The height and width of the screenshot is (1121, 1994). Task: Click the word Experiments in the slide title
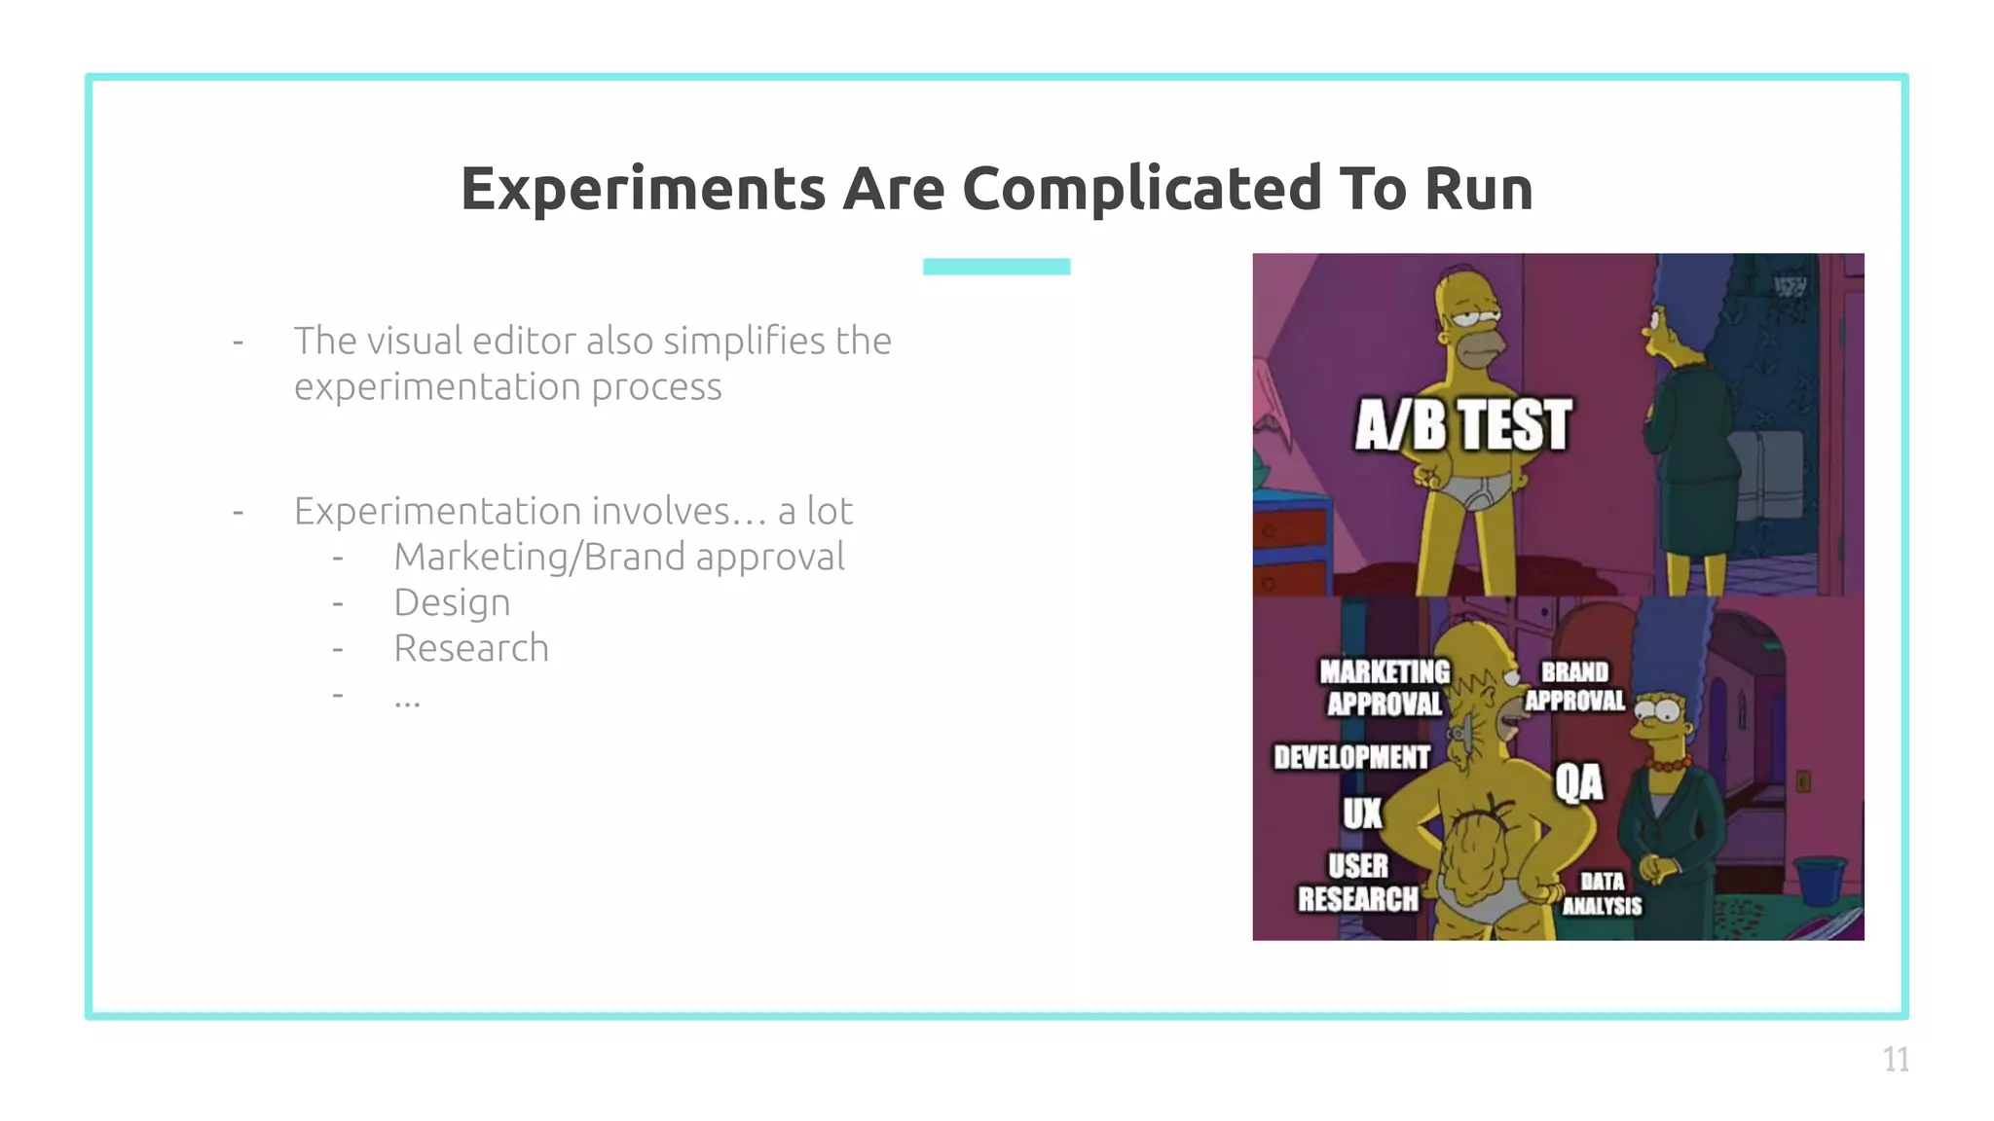644,189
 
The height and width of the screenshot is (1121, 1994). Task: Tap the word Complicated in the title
1142,189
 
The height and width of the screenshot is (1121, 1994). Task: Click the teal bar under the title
996,267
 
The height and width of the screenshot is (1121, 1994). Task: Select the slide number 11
1895,1059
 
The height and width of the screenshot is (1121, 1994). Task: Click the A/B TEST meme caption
1462,425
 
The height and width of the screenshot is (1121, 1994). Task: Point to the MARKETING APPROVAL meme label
1384,687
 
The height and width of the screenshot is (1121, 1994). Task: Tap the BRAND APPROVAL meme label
1574,686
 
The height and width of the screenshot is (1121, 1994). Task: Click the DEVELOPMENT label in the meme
1351,757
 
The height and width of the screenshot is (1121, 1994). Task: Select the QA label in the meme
1578,781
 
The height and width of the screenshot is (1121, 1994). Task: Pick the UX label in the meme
1362,814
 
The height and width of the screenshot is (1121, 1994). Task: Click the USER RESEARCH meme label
1357,883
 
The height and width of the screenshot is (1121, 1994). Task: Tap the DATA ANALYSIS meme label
1602,893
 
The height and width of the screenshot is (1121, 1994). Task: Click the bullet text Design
452,602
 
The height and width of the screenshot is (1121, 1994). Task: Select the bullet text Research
471,648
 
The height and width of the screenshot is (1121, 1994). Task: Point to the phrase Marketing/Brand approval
619,557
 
